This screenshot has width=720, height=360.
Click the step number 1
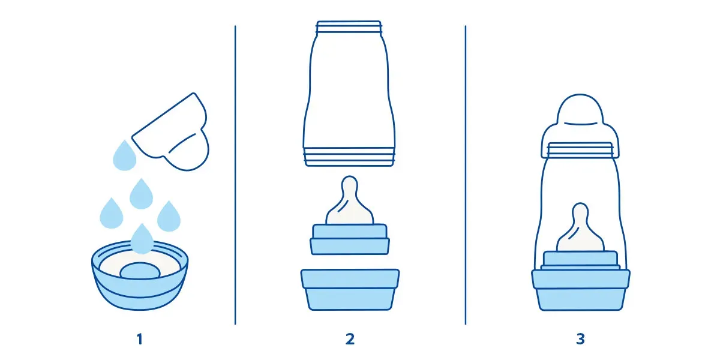coord(139,339)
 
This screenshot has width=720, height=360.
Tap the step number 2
coord(350,339)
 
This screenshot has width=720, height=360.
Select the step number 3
coord(581,339)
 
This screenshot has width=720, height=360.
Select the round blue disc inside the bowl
coord(140,271)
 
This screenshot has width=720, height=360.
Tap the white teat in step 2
coord(350,201)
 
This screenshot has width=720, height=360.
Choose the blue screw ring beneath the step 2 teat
coord(350,239)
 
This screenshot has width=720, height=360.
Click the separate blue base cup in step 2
coord(350,290)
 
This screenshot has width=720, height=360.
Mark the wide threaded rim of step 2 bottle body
coord(349,157)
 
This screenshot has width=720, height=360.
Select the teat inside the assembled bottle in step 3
coord(580,227)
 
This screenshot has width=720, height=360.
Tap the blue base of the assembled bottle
coord(581,290)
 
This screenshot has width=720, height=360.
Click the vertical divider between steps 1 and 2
coord(235,175)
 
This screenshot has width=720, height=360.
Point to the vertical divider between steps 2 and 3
coord(466,175)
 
